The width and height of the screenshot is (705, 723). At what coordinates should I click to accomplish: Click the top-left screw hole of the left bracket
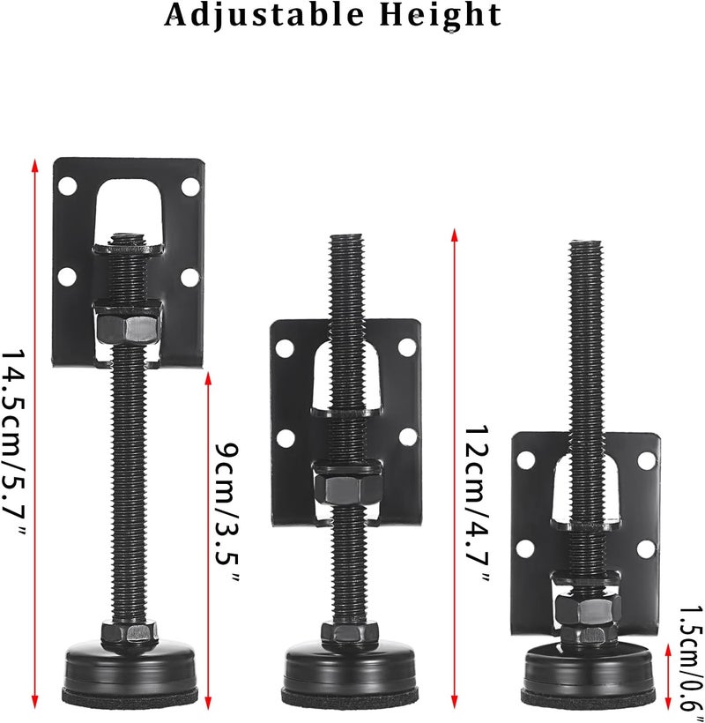pyautogui.click(x=68, y=186)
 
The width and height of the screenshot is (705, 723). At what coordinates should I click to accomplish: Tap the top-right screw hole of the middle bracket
pyautogui.click(x=407, y=347)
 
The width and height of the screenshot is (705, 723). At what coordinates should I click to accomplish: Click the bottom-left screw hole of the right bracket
pyautogui.click(x=525, y=548)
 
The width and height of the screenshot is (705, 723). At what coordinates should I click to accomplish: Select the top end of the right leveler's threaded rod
pyautogui.click(x=586, y=244)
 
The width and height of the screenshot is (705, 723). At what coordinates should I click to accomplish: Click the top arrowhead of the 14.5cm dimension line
pyautogui.click(x=35, y=165)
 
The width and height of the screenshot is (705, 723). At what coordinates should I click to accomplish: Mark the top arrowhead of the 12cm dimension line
pyautogui.click(x=454, y=234)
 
